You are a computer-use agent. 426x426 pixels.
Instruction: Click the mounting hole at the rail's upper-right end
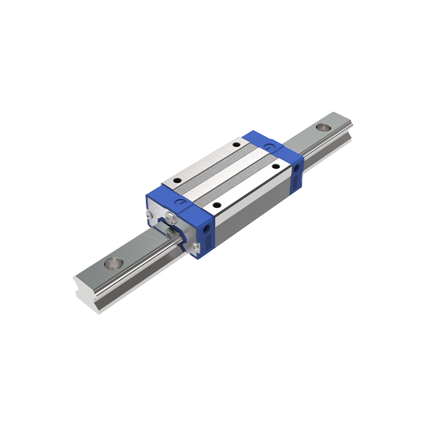pyautogui.click(x=323, y=128)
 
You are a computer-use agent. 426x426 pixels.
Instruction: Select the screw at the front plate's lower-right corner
pyautogui.click(x=196, y=245)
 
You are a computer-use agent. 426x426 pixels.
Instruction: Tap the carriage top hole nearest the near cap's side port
pyautogui.click(x=216, y=204)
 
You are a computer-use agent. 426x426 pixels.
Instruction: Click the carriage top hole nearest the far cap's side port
pyautogui.click(x=276, y=166)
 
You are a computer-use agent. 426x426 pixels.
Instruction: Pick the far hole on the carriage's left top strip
pyautogui.click(x=236, y=144)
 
